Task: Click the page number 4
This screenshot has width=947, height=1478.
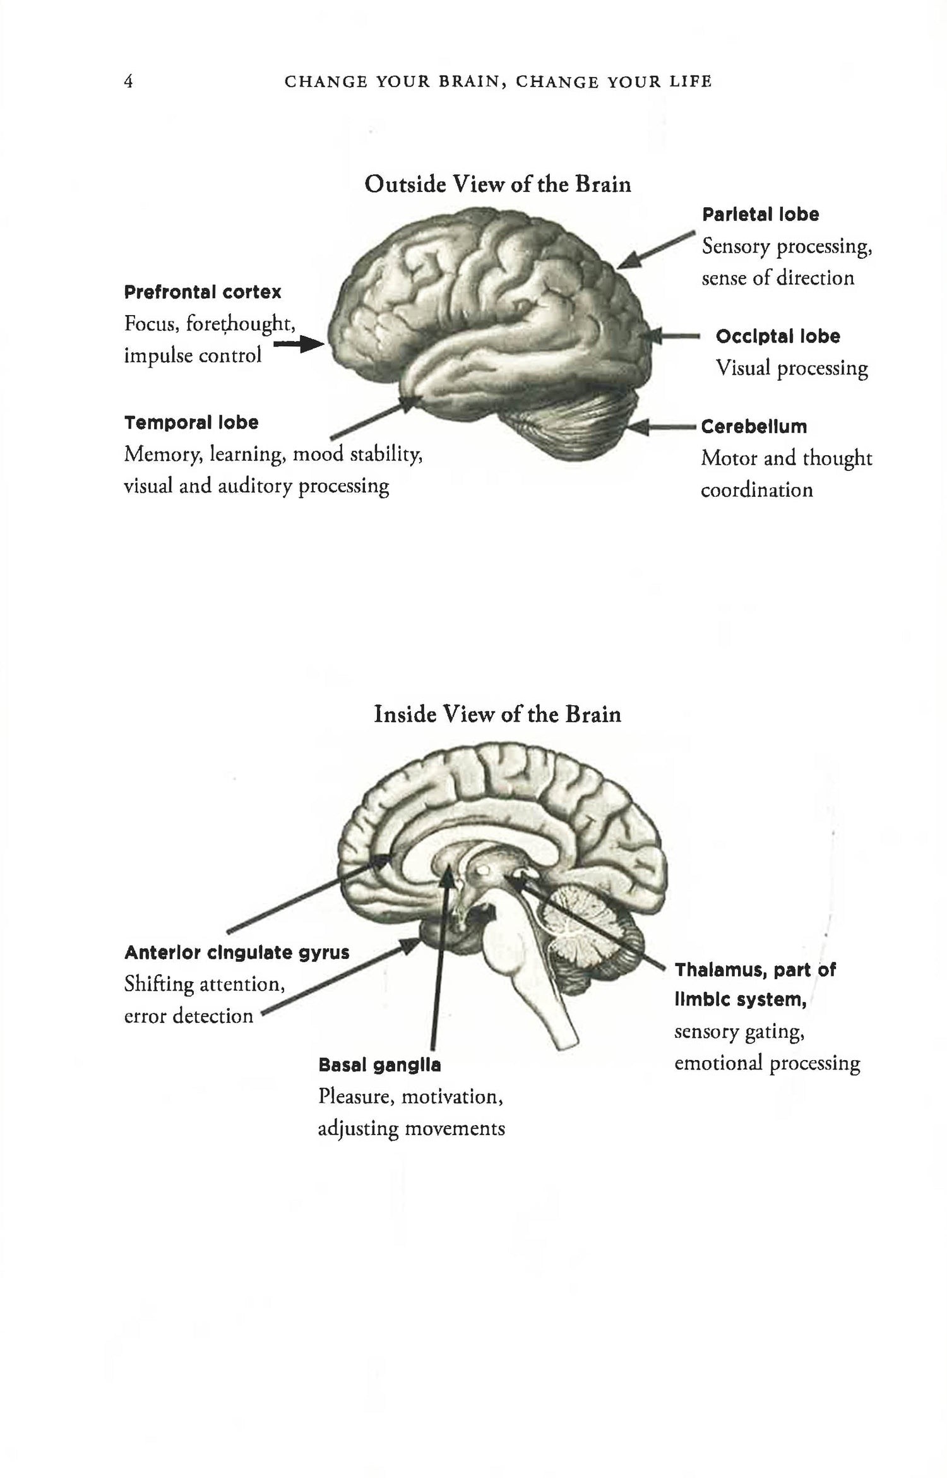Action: click(128, 82)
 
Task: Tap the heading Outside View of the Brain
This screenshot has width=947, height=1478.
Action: click(497, 184)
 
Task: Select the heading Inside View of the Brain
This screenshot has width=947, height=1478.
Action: click(497, 714)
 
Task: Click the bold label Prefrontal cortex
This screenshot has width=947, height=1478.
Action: click(203, 292)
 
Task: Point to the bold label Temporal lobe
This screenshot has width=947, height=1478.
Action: click(191, 422)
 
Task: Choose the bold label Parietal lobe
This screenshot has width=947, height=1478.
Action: click(760, 215)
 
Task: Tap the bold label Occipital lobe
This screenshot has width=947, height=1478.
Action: click(777, 337)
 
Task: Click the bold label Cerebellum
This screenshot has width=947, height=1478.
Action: click(754, 427)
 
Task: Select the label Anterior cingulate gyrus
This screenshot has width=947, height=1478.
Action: click(237, 952)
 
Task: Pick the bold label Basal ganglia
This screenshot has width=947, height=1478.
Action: click(379, 1065)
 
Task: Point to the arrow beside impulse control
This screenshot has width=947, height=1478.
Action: click(301, 345)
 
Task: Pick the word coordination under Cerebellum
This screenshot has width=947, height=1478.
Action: click(756, 490)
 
